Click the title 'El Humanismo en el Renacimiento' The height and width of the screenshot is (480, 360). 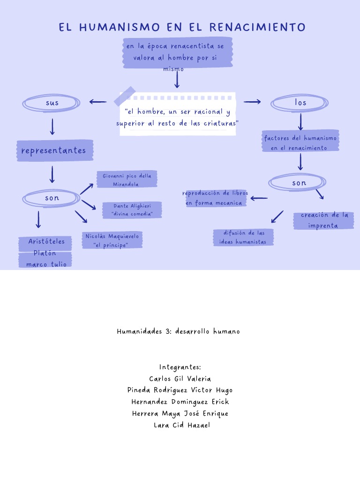182,27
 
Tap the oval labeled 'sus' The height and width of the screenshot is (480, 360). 52,103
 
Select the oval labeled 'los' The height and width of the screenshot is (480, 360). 300,103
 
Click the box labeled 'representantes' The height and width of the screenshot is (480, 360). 54,150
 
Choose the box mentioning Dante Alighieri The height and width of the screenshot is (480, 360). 132,210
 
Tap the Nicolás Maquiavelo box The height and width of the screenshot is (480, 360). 112,240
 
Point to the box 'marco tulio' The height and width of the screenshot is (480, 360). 46,263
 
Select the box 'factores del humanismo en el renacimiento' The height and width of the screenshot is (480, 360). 300,142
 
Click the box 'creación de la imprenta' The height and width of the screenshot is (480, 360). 323,220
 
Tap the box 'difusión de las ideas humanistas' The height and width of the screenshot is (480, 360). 243,237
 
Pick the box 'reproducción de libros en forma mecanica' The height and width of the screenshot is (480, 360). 216,198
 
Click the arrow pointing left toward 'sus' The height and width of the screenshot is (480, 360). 98,102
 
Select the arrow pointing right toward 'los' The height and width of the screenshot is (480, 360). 252,102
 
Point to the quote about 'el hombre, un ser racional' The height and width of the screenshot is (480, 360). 177,117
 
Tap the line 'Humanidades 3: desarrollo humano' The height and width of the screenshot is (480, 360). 178,331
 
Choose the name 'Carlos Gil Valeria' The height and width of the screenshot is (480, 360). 180,379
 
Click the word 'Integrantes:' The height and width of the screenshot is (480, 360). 180,367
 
